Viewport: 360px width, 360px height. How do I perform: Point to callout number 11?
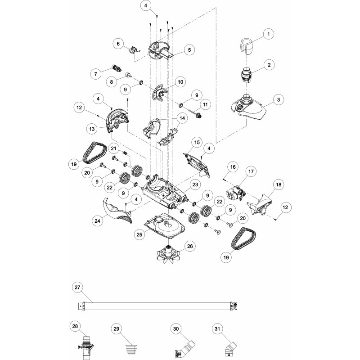click(x=205, y=105)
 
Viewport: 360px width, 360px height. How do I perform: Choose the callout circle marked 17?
click(x=251, y=171)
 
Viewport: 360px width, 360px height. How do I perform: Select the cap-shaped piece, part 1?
click(x=246, y=45)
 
